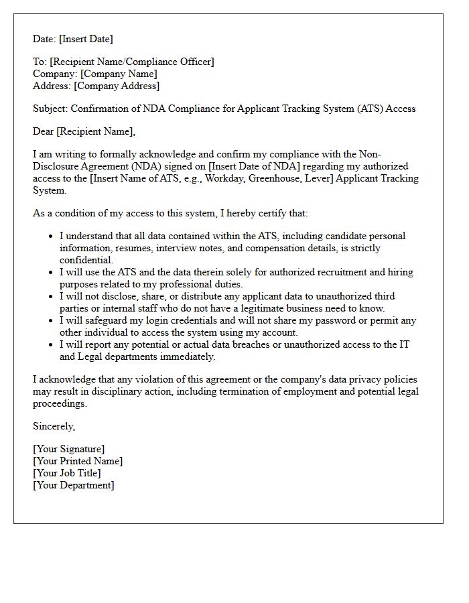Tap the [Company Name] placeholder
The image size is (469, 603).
pos(119,74)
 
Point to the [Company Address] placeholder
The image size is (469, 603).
pos(117,86)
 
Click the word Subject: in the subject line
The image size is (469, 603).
pos(50,109)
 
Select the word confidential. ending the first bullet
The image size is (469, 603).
pos(86,260)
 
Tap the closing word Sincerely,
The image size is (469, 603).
pos(54,426)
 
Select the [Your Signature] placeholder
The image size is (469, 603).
pos(68,449)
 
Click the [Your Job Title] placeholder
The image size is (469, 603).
pos(67,473)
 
